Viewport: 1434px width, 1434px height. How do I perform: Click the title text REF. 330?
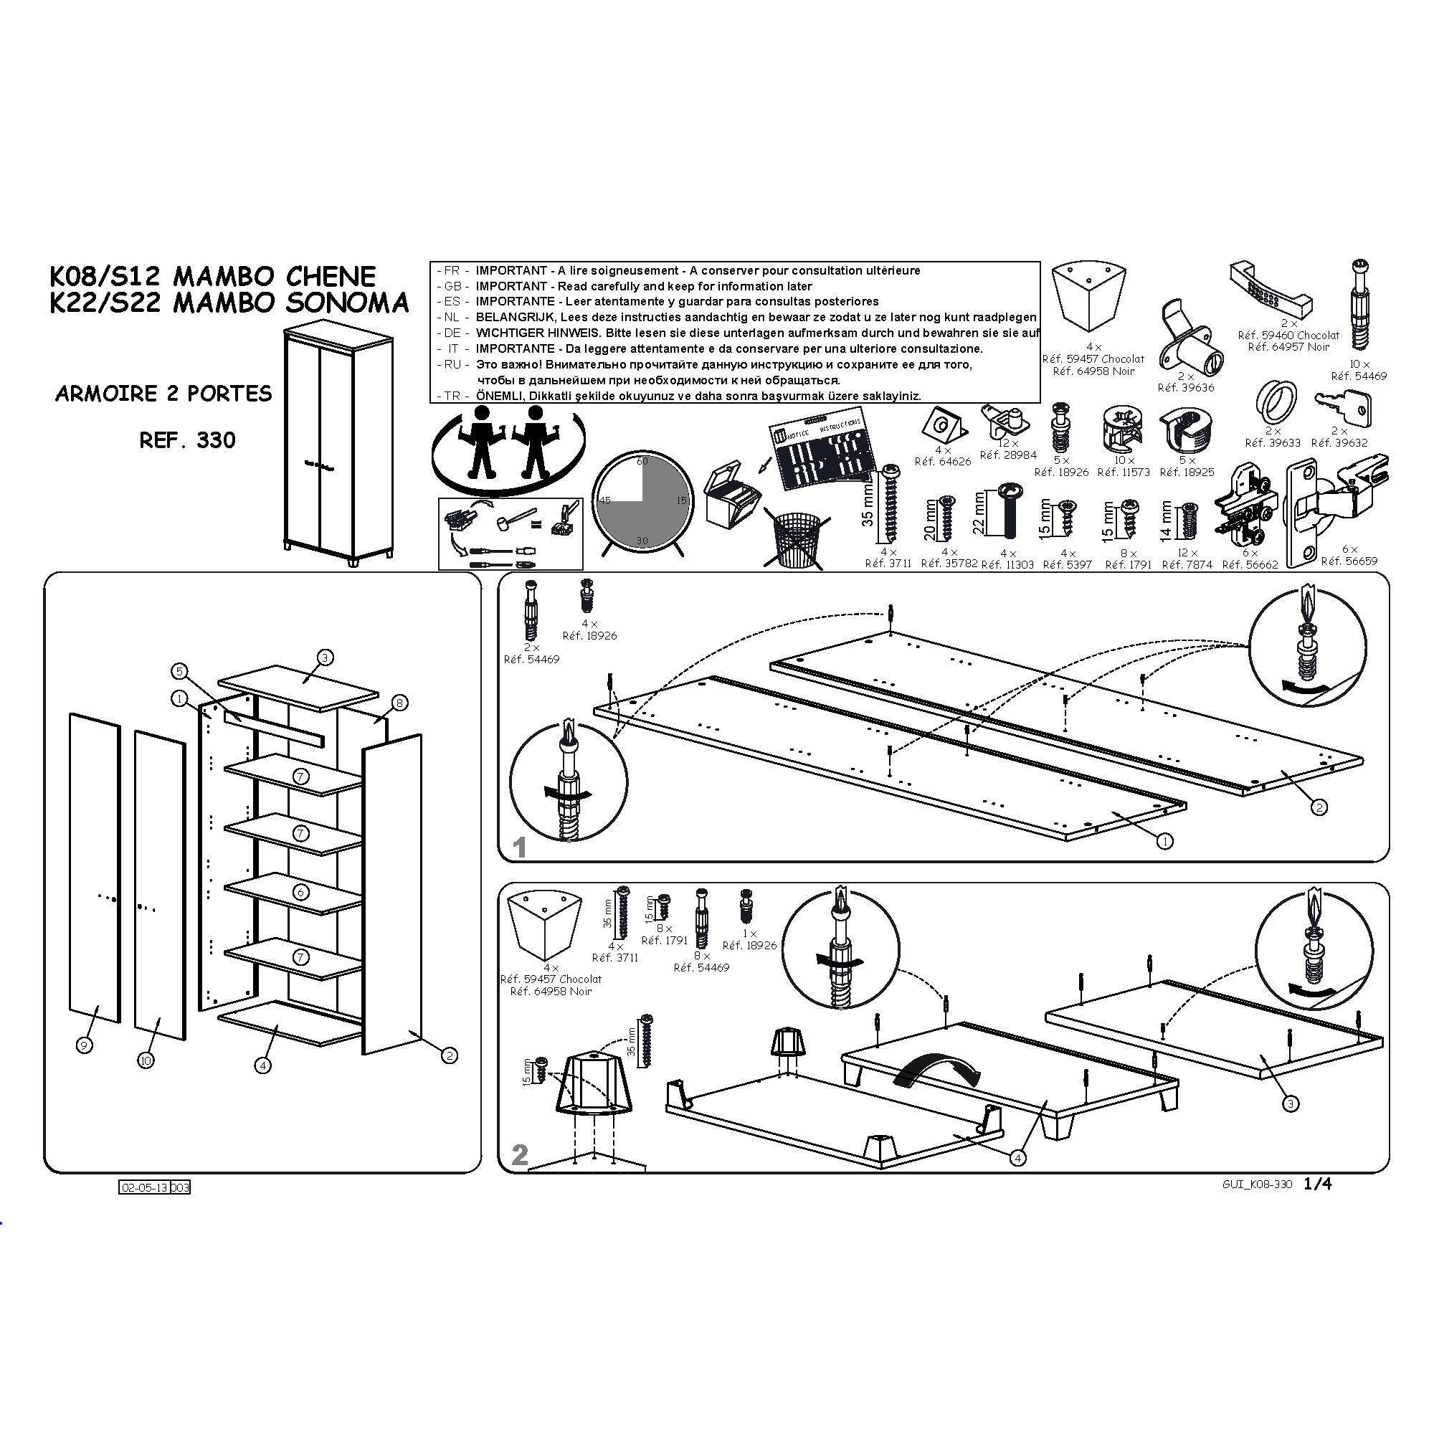tap(187, 440)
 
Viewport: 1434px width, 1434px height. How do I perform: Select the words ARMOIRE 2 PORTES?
tap(163, 394)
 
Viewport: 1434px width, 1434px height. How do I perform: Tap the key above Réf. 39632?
tap(1343, 407)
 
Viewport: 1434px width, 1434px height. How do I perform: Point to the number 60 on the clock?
tap(642, 461)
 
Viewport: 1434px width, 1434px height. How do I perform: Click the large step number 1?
tap(520, 847)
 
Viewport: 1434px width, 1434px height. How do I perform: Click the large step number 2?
tap(520, 1154)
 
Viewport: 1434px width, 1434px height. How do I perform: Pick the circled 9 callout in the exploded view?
tap(85, 1045)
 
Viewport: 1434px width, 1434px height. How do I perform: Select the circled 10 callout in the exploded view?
tap(146, 1060)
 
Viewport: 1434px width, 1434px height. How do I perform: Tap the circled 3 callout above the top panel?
tap(325, 657)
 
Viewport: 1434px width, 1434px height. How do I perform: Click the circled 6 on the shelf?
tap(300, 892)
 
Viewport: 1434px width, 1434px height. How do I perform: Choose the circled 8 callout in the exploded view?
tap(399, 702)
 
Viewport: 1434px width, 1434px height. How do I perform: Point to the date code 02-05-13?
tap(144, 1187)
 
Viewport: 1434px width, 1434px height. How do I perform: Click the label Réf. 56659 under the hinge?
tap(1349, 561)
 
